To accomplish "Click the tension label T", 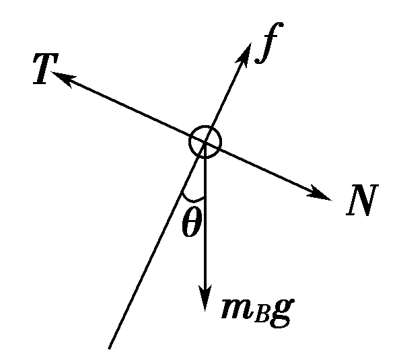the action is (x=46, y=69).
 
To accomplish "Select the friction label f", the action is (x=269, y=42).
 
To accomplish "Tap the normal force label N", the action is (x=362, y=200).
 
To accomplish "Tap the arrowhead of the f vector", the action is (x=244, y=54).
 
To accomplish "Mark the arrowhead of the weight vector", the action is (x=205, y=297).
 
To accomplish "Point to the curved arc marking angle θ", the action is (x=192, y=200).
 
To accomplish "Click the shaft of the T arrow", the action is (x=128, y=107).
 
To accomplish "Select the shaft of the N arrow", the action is (x=268, y=171).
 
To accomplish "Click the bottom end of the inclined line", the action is (x=110, y=349).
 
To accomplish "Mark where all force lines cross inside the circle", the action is (x=205, y=143).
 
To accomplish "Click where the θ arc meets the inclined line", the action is (x=182, y=193).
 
